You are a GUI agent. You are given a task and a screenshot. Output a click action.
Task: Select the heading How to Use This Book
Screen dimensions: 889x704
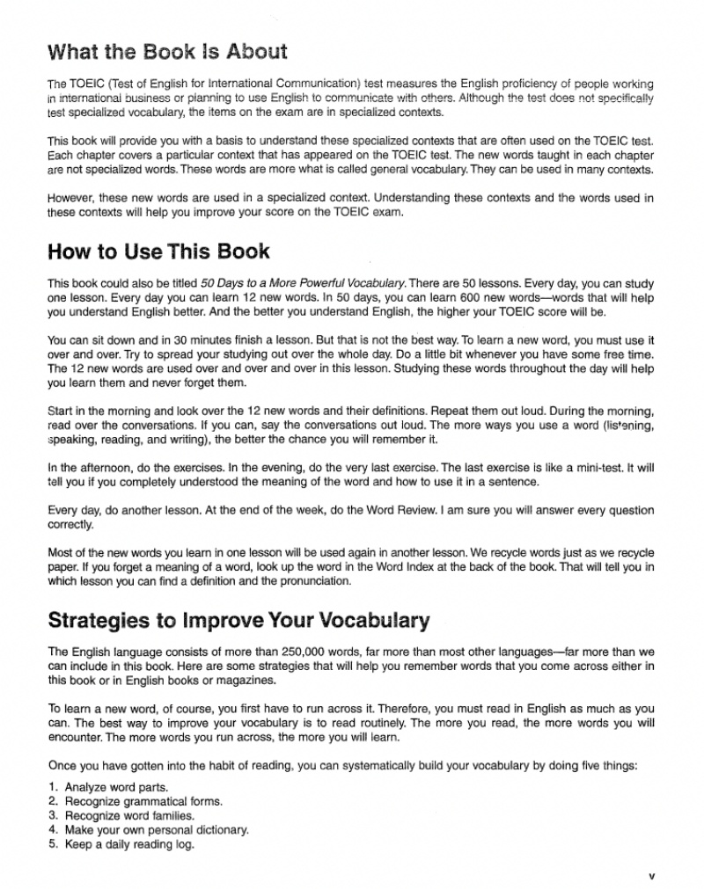click(158, 251)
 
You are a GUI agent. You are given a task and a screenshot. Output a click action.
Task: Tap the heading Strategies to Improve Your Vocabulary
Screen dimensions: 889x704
click(238, 620)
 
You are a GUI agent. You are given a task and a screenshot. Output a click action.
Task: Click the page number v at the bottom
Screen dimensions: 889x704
click(651, 876)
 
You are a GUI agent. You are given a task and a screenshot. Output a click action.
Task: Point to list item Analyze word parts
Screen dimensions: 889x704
click(116, 787)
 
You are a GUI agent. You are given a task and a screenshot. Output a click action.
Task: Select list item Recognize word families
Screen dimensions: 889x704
click(129, 815)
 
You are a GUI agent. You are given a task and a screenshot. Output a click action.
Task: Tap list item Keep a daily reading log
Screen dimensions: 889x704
click(129, 844)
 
